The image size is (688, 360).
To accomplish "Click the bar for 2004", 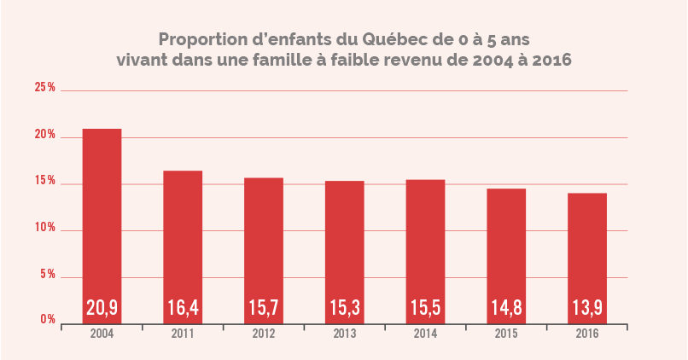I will pyautogui.click(x=102, y=226).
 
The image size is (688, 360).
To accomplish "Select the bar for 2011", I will pyautogui.click(x=183, y=247).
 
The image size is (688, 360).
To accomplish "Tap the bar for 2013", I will pyautogui.click(x=344, y=252).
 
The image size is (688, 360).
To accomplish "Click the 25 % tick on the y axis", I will pyautogui.click(x=44, y=88).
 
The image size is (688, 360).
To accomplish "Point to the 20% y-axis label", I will pyautogui.click(x=44, y=135).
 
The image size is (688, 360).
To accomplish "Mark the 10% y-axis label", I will pyautogui.click(x=44, y=228).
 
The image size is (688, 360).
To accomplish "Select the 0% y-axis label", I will pyautogui.click(x=47, y=319).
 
